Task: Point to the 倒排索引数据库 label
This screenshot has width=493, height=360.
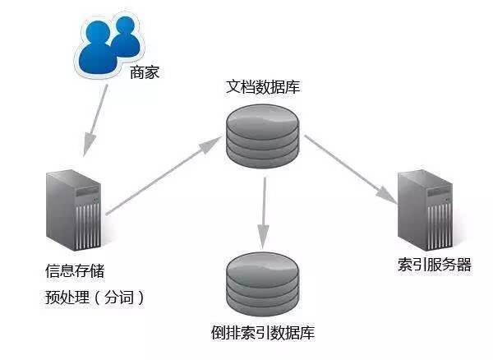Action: pos(263,333)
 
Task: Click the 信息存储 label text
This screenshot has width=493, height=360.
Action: pos(75,270)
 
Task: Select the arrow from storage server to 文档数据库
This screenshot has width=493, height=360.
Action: pos(157,180)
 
